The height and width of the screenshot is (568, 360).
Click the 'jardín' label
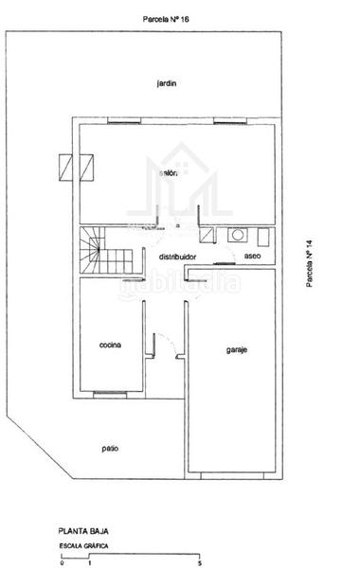[169, 83]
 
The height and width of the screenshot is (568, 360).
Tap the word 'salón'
[170, 172]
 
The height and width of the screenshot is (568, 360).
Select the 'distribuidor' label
[171, 257]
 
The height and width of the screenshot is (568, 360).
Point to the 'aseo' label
[252, 257]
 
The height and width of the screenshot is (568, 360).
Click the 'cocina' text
[111, 345]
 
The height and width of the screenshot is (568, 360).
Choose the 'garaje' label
[236, 349]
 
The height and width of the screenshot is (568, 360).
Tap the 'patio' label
[111, 447]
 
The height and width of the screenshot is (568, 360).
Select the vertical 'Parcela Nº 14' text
[309, 269]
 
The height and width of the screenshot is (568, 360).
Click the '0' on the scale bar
[61, 563]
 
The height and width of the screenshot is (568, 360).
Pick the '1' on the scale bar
[88, 563]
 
